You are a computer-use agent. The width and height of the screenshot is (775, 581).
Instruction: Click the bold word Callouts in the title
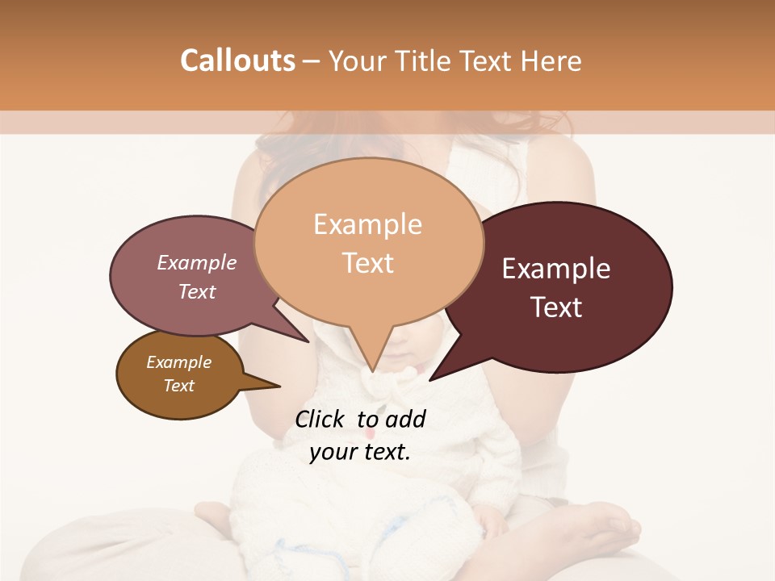(237, 61)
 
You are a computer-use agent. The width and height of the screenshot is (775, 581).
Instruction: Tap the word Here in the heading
(548, 61)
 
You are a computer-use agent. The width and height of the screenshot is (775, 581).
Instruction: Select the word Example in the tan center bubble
(367, 224)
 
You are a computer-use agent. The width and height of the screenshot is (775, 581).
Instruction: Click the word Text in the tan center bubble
(367, 263)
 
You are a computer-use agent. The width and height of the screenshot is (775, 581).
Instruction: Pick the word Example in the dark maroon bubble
(556, 269)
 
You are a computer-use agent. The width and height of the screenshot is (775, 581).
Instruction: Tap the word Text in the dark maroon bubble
(557, 307)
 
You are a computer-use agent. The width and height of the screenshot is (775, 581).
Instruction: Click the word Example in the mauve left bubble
(196, 262)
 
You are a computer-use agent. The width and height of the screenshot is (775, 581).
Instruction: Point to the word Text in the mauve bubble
(196, 291)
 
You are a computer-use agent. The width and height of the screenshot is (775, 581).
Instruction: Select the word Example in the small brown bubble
(178, 362)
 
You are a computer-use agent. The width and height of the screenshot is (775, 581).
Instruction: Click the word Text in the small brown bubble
(178, 386)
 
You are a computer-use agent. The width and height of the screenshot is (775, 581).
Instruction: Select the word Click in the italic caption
(320, 419)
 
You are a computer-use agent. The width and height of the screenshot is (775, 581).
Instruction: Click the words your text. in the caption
(360, 452)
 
